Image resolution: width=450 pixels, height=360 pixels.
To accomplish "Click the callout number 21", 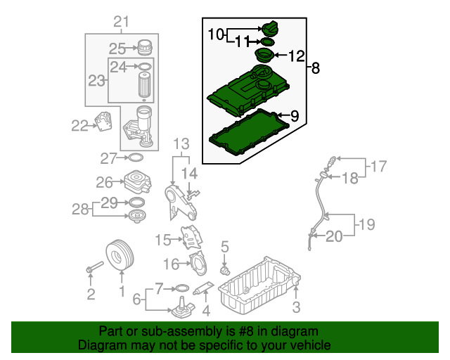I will [x=122, y=22].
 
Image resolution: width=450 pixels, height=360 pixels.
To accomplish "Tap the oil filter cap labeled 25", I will [x=145, y=47].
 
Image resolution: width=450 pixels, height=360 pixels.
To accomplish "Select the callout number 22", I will [x=80, y=126].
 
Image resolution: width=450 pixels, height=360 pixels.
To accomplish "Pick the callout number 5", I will [x=225, y=246].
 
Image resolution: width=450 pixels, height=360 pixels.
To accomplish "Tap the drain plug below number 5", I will [x=225, y=269].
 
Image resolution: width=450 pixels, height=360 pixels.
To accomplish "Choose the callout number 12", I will [x=297, y=55].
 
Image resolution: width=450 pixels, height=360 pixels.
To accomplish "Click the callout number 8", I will [x=315, y=68].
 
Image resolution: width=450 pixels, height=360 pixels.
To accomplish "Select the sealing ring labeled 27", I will [x=138, y=157].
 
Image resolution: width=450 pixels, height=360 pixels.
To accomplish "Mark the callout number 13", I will [x=182, y=144].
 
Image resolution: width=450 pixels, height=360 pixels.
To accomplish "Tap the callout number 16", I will [x=172, y=264].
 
